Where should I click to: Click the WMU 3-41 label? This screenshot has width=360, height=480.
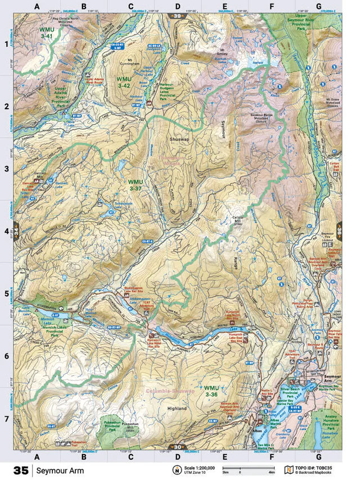pyautogui.click(x=46, y=32)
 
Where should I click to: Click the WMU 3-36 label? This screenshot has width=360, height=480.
pyautogui.click(x=211, y=391)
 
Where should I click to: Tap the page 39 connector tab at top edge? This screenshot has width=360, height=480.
pyautogui.click(x=177, y=15)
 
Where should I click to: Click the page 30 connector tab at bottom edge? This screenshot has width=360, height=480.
pyautogui.click(x=177, y=447)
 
